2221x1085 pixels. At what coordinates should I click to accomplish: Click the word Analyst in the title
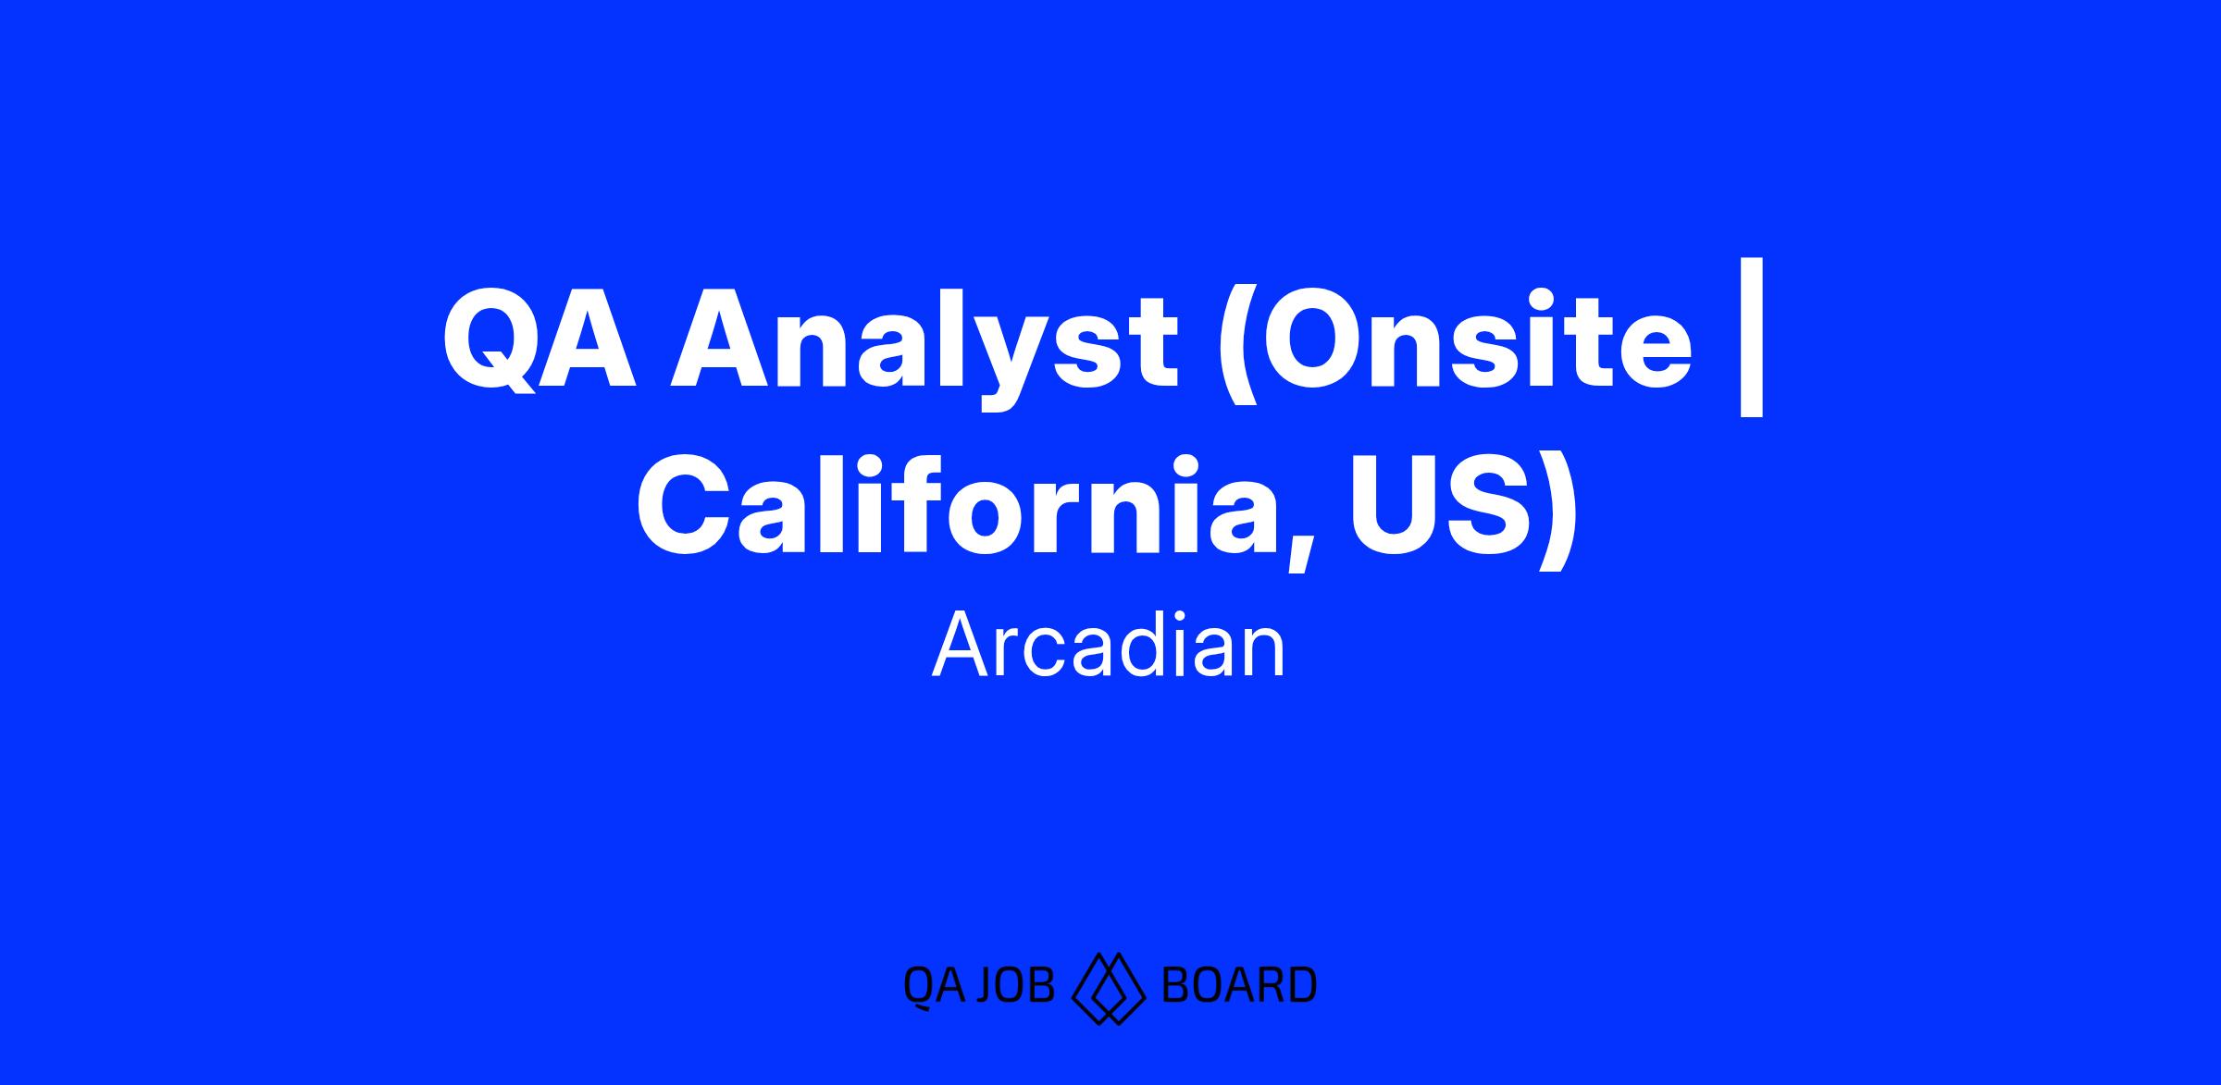click(925, 351)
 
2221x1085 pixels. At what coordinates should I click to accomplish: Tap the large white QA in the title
click(540, 342)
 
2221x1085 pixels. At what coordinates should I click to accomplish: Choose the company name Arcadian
click(1110, 647)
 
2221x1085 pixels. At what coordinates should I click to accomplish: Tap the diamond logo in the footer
click(1109, 988)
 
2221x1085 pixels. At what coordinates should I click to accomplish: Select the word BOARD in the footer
click(1238, 985)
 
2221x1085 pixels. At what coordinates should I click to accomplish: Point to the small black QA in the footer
click(933, 987)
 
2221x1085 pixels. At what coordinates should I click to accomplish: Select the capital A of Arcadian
click(962, 647)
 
